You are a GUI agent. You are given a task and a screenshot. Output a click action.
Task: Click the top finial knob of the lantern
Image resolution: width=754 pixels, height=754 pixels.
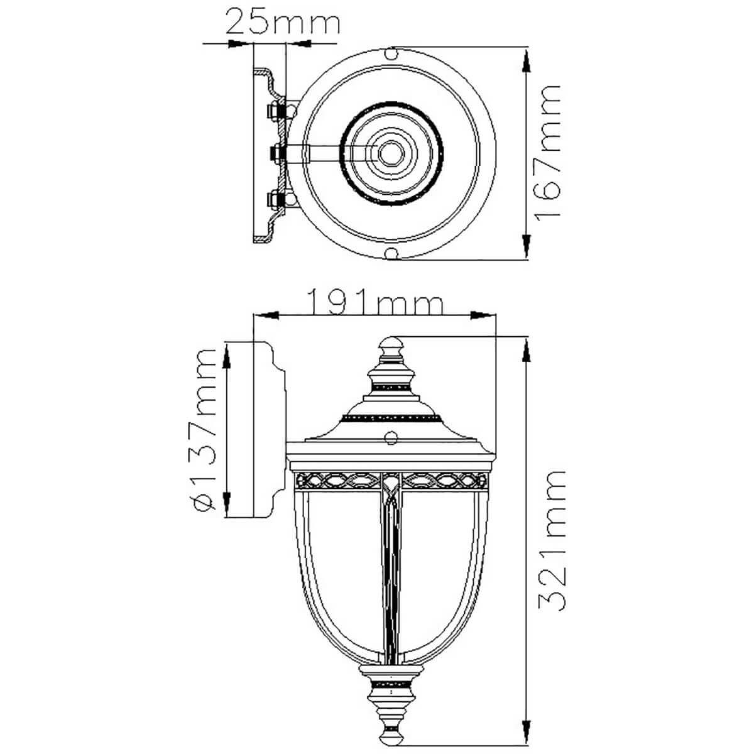point(391,346)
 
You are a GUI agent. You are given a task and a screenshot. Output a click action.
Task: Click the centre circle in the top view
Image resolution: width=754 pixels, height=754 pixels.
point(391,154)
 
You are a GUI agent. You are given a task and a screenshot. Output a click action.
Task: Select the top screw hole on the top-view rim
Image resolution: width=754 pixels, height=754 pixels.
point(391,53)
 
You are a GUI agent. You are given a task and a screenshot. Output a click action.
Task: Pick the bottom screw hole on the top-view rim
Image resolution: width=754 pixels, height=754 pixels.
point(391,254)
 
